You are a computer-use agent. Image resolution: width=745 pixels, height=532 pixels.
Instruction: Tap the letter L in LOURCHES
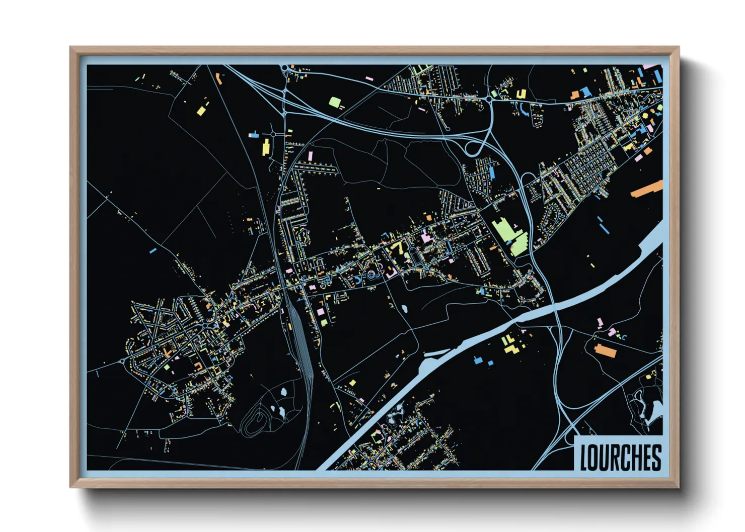[x=584, y=458]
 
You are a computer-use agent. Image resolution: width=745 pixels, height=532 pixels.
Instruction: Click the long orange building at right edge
[x=647, y=189]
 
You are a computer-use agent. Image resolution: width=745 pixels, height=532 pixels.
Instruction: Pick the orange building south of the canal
[x=605, y=350]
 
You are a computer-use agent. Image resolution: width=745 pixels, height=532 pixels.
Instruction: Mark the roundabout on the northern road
[x=489, y=100]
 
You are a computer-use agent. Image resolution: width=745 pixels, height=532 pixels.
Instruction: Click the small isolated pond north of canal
[x=404, y=309]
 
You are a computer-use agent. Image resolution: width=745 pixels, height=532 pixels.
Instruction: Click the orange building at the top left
[x=218, y=78]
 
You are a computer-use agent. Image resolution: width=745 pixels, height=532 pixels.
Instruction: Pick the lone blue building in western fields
[x=153, y=250]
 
